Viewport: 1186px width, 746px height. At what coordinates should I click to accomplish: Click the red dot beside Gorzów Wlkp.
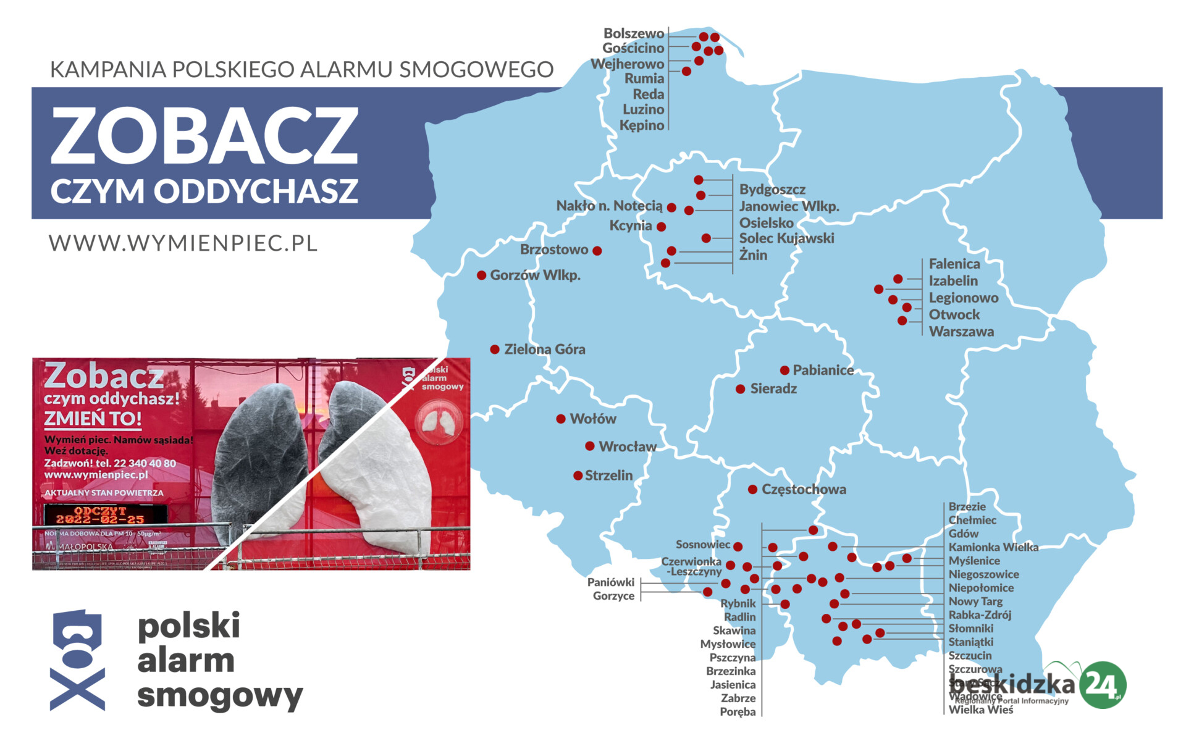[x=481, y=275]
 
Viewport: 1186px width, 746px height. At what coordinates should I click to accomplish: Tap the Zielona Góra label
[x=544, y=350]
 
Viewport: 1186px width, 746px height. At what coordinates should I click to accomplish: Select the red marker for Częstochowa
[x=752, y=490]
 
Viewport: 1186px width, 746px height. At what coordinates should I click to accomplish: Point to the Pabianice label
[x=823, y=371]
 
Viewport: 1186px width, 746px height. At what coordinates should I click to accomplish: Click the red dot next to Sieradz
[x=740, y=389]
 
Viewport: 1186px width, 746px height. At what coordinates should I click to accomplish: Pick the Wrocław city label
[x=627, y=446]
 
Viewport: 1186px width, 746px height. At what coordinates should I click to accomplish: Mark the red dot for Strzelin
[x=578, y=476]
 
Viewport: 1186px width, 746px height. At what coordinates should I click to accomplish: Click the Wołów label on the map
[x=592, y=419]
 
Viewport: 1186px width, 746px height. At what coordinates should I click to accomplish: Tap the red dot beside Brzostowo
[x=597, y=251]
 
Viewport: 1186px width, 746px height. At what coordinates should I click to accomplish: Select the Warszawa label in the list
[x=961, y=332]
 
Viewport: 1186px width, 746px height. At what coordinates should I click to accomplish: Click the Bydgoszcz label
[x=772, y=190]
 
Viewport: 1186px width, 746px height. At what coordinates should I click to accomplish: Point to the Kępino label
[x=642, y=125]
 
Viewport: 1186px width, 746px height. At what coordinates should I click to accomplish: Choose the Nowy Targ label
[x=975, y=601]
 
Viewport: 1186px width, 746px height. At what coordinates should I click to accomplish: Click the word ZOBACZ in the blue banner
[x=204, y=136]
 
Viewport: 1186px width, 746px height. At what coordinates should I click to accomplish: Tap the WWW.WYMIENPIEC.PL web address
[x=183, y=243]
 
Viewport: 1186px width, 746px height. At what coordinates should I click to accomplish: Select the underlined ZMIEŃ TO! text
[x=93, y=419]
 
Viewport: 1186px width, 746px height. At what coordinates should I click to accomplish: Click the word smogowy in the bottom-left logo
[x=219, y=695]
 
